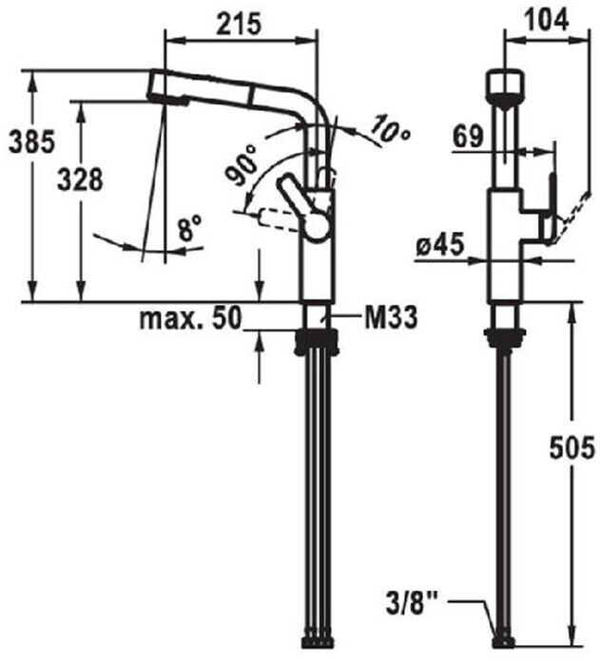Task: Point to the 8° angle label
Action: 190,228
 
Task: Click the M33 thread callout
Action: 391,317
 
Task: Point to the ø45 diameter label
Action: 440,247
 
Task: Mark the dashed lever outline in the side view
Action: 277,220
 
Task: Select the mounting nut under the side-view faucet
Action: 318,339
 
